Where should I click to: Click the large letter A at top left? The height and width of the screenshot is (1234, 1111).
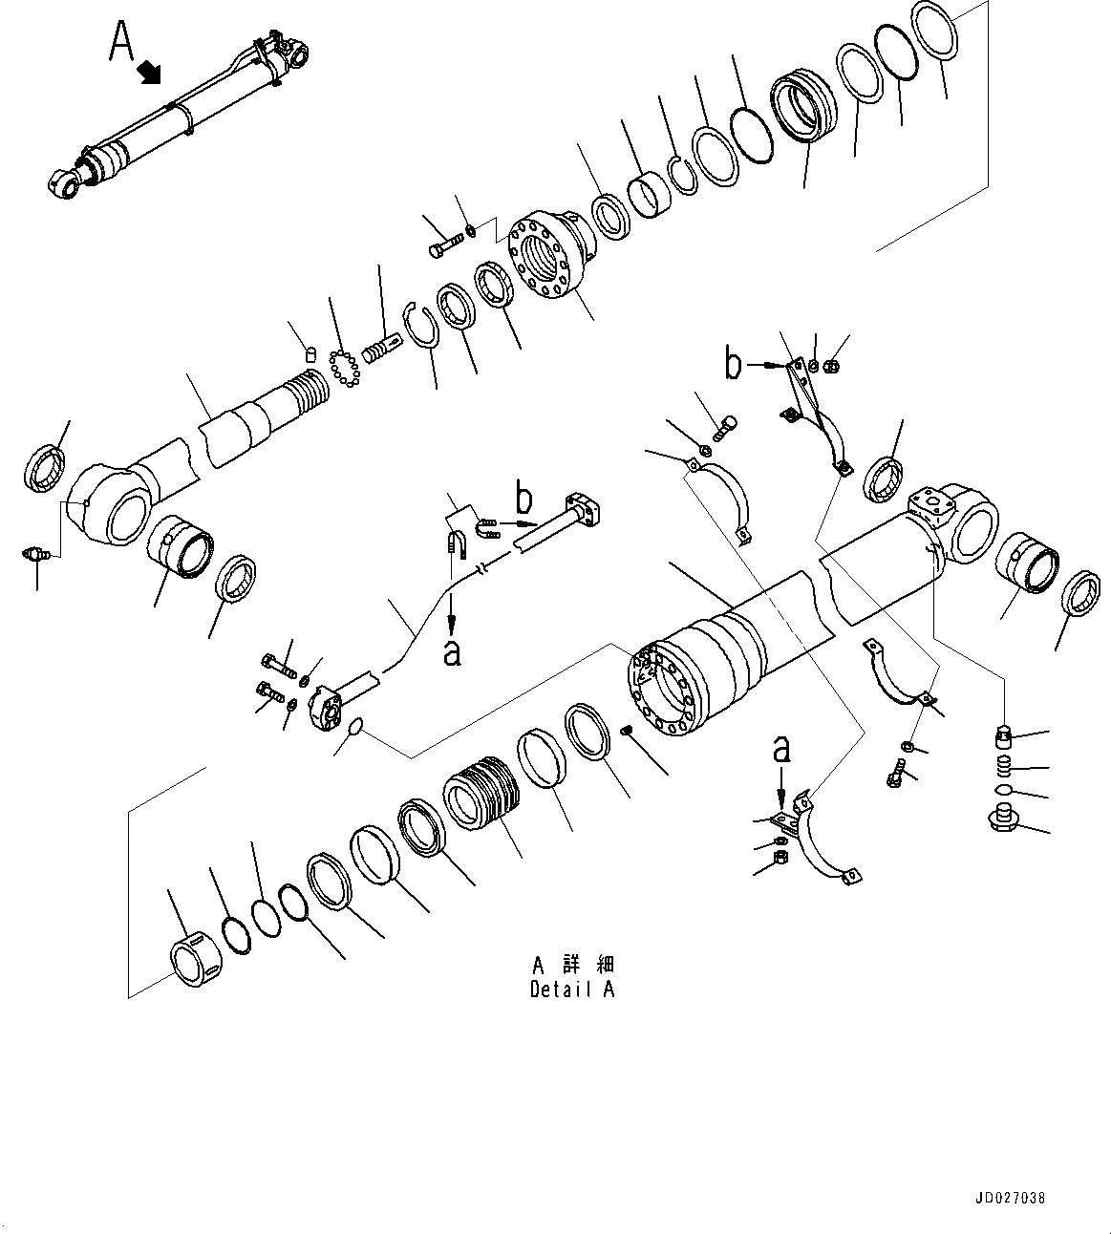[x=122, y=40]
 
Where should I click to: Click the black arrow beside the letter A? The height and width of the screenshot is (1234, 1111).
[x=151, y=72]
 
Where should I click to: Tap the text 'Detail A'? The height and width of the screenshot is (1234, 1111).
[x=572, y=989]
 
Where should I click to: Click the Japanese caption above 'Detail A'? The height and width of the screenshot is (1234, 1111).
[x=572, y=963]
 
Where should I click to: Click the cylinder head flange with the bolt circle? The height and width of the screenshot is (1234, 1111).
[x=547, y=253]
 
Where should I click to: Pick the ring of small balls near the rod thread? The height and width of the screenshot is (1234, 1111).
[x=343, y=368]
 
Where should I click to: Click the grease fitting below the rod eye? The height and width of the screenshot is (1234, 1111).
[x=35, y=553]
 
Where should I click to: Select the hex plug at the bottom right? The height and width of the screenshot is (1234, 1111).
[x=1002, y=819]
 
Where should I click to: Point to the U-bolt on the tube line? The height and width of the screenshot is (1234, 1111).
[x=457, y=544]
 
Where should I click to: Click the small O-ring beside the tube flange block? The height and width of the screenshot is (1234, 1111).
[x=354, y=729]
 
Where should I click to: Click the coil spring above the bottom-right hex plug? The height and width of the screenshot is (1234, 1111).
[x=1001, y=765]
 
